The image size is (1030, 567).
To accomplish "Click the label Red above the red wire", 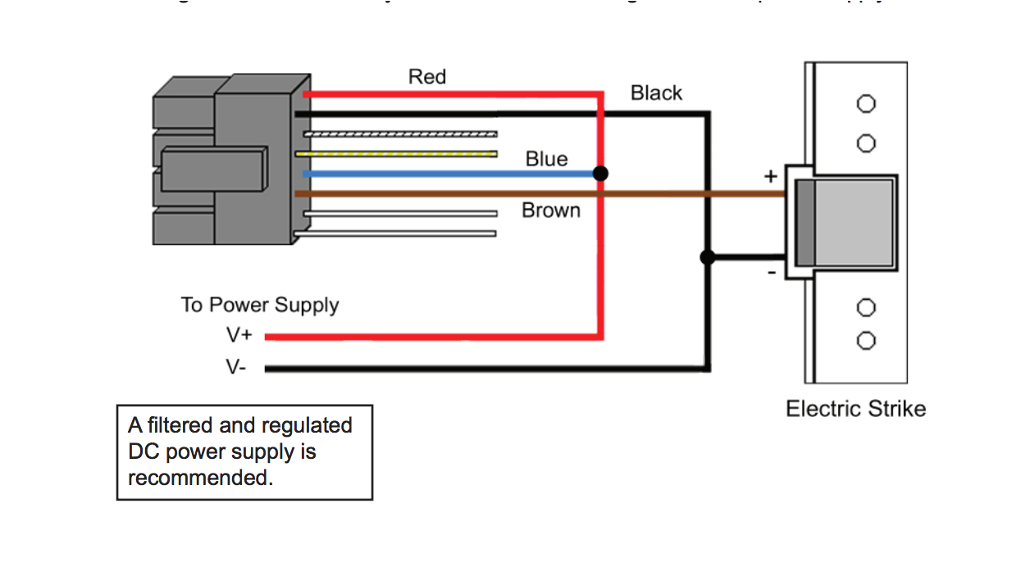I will click(427, 77).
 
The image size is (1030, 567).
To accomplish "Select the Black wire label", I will click(656, 93).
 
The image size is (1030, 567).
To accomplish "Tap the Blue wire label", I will click(546, 159).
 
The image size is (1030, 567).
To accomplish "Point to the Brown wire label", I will click(551, 211).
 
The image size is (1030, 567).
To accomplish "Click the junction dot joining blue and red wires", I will click(601, 174).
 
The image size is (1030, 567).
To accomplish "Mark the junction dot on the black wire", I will click(708, 257).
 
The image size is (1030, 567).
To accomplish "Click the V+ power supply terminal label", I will click(239, 335).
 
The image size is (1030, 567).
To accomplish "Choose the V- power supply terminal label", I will click(236, 368).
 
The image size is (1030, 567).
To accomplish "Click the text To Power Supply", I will click(260, 306).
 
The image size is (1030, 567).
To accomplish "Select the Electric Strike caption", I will click(855, 409).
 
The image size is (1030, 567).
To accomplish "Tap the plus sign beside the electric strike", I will click(770, 176).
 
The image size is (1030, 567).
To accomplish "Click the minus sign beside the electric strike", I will click(772, 273).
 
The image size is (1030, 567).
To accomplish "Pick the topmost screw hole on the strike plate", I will click(866, 104).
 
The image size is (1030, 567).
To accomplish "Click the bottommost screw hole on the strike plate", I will click(866, 341).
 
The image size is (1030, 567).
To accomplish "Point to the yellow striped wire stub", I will click(400, 153).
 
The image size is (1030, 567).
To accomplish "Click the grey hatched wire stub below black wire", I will click(400, 134).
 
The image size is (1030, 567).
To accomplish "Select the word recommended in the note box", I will click(200, 478).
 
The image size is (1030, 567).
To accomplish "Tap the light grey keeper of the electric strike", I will click(855, 221).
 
